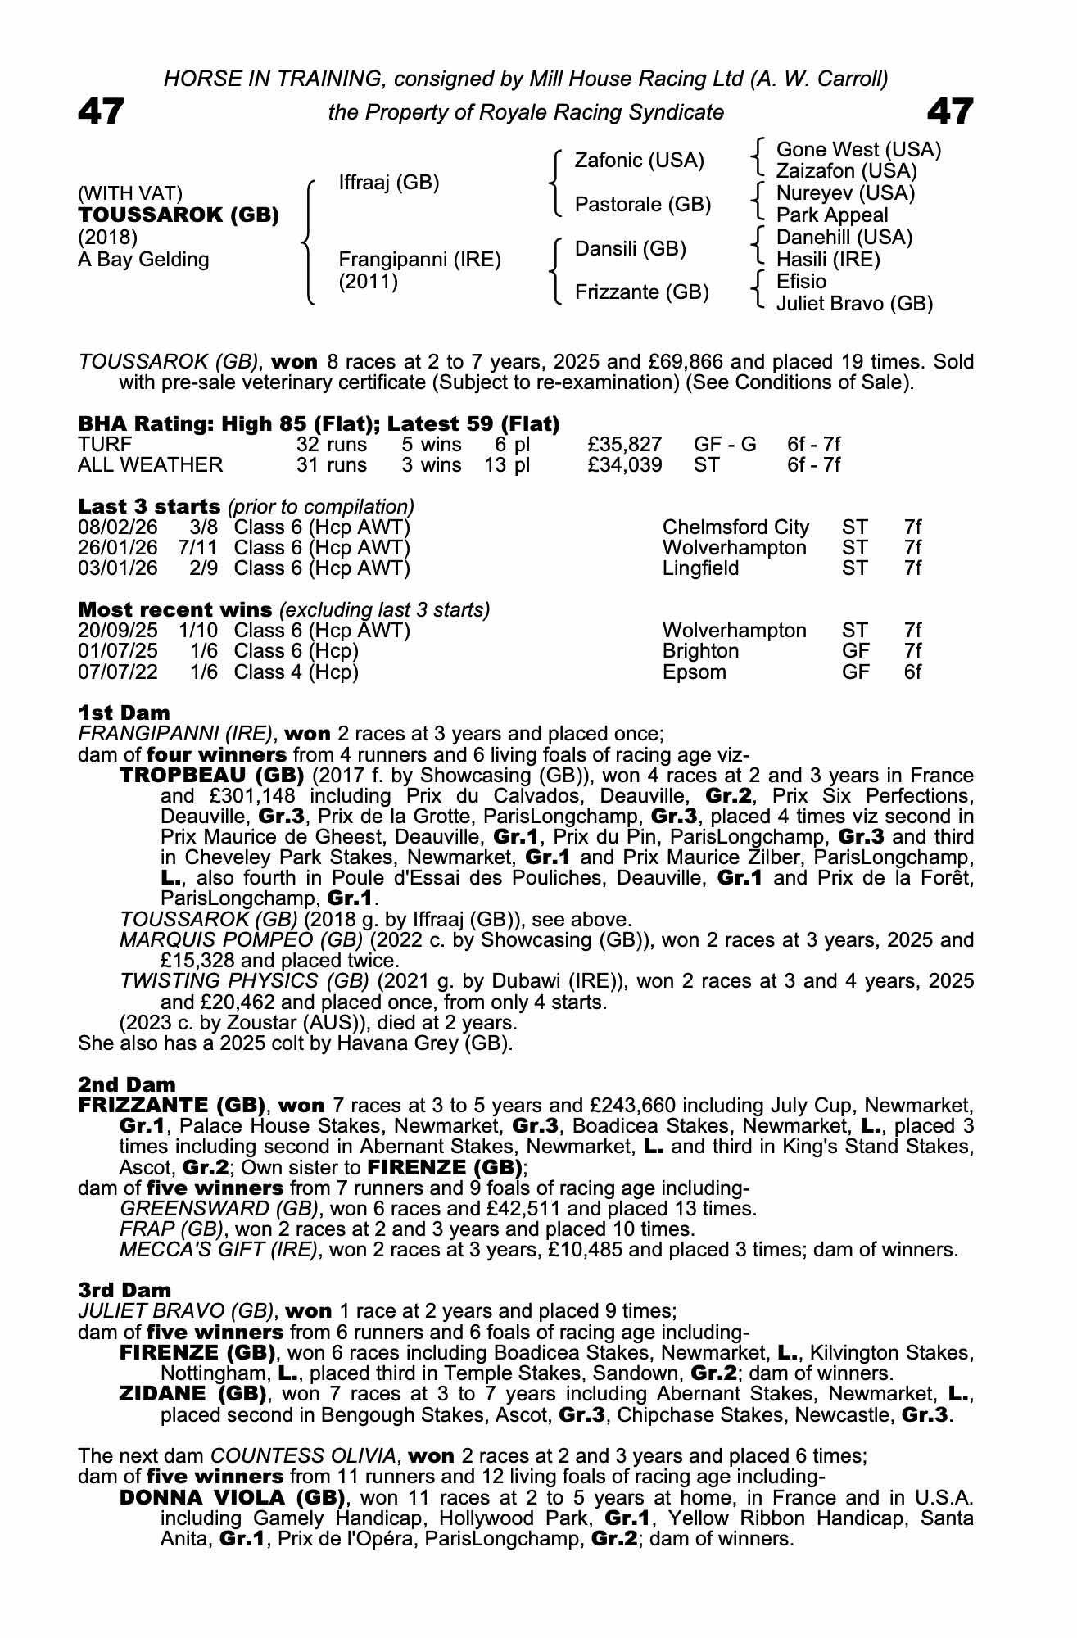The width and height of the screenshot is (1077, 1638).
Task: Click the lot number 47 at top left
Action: click(x=102, y=111)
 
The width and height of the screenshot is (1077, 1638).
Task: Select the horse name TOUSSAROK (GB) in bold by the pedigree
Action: click(x=179, y=215)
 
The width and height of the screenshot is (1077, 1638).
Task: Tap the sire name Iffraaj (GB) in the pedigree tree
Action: click(x=389, y=183)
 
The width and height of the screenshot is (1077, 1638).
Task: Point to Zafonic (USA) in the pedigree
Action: click(x=639, y=161)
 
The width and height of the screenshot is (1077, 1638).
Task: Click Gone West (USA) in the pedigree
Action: click(x=858, y=150)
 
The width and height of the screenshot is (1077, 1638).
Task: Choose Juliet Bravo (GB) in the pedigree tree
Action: click(x=854, y=304)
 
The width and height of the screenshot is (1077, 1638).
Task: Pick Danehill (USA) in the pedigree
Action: click(x=844, y=238)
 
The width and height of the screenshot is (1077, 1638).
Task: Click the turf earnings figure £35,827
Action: click(x=625, y=445)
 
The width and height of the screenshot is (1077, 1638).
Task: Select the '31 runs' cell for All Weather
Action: click(x=332, y=465)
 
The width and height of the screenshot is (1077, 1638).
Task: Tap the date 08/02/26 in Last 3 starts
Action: click(x=118, y=527)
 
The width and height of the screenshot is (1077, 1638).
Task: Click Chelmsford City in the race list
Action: click(x=735, y=527)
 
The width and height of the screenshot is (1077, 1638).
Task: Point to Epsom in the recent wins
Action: click(x=694, y=672)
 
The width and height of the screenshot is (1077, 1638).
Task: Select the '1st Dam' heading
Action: click(x=124, y=713)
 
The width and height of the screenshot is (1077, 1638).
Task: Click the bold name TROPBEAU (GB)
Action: click(x=212, y=775)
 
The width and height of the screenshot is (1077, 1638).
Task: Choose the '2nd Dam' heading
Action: click(x=127, y=1085)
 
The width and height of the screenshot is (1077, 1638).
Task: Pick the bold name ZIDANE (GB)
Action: click(x=197, y=1394)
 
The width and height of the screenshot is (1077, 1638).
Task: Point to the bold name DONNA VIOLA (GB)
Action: click(x=231, y=1498)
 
